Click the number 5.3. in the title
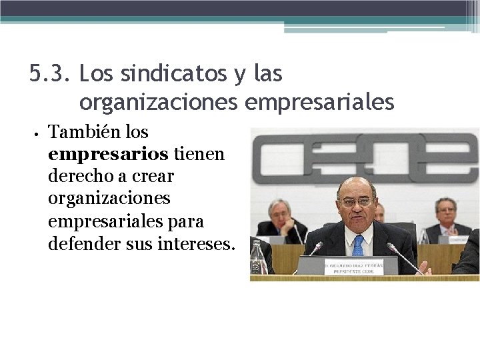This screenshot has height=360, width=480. coord(51,74)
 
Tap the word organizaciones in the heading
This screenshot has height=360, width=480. coord(159,102)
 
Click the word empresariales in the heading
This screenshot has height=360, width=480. coord(320,102)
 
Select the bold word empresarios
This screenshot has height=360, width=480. coord(108,155)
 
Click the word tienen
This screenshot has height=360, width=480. coord(199,155)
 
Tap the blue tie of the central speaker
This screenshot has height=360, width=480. coord(358,245)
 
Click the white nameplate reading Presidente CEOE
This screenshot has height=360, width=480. coord(354,267)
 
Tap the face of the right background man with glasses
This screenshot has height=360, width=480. coord(446,210)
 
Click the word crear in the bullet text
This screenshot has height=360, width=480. coord(157,177)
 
